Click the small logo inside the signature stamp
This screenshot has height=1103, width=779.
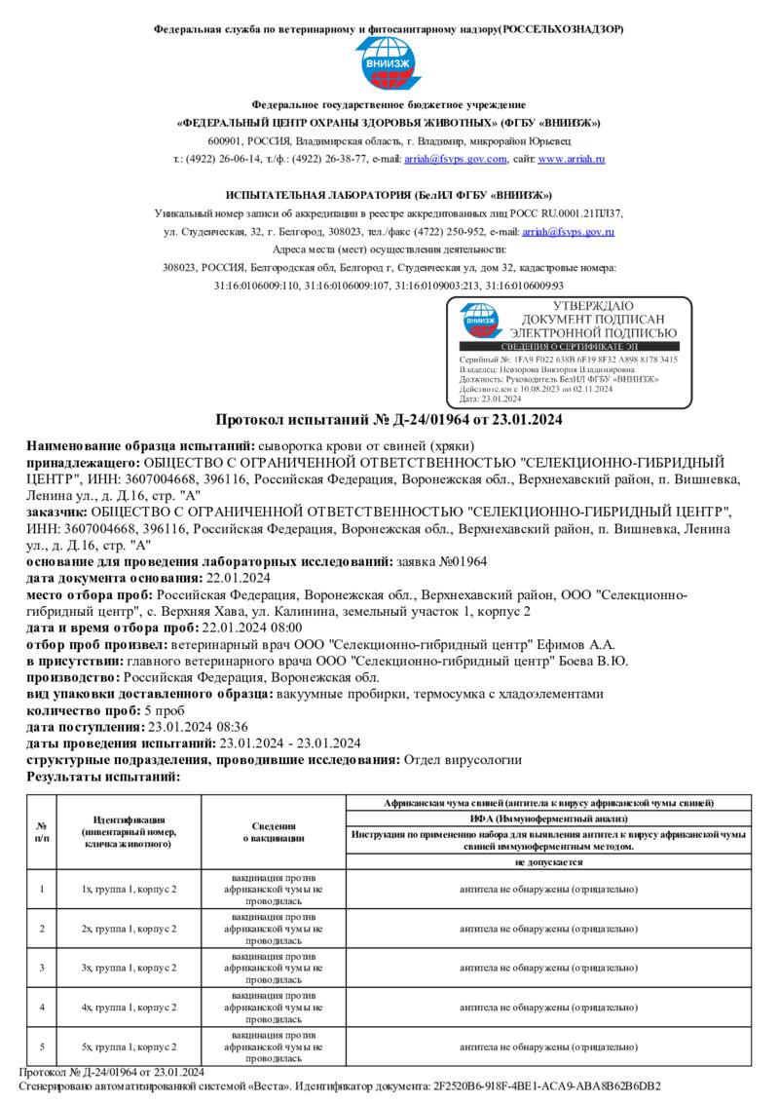tap(480, 321)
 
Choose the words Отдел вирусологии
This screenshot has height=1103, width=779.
tap(463, 759)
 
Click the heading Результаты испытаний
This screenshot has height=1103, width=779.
tap(103, 776)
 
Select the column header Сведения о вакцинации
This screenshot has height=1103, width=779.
tap(274, 831)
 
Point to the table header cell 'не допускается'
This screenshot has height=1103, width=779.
tap(545, 862)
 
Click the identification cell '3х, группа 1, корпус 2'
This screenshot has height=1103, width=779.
tap(130, 968)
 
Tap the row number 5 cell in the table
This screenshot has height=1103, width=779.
tap(41, 1046)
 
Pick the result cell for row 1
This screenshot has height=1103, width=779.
tap(545, 889)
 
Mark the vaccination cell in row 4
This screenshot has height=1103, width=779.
tap(274, 1008)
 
